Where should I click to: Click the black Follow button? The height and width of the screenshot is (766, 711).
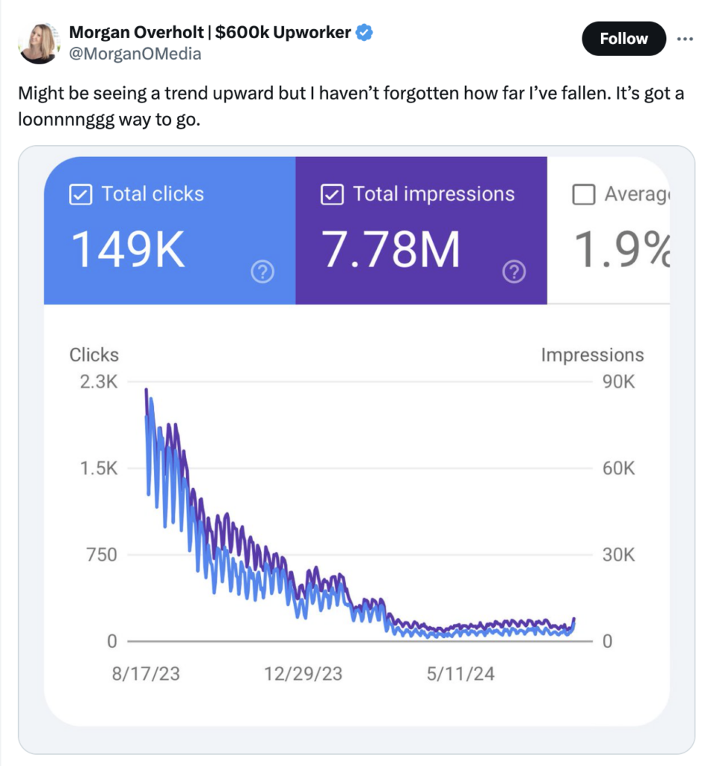[624, 39]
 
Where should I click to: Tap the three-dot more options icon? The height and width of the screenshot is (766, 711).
[685, 39]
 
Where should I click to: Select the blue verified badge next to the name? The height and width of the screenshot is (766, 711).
[364, 32]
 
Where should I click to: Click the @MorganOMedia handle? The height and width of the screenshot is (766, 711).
[135, 54]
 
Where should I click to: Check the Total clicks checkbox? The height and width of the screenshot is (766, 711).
[79, 194]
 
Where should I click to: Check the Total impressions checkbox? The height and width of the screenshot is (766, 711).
[330, 194]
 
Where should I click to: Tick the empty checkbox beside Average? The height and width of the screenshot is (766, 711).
[583, 194]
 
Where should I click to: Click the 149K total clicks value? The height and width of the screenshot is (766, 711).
[128, 250]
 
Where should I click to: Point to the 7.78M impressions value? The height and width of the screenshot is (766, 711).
[392, 250]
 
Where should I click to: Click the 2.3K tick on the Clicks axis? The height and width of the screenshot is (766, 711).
[98, 382]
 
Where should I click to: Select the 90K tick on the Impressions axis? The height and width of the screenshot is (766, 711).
[618, 382]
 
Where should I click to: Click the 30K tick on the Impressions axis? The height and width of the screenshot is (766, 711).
[618, 555]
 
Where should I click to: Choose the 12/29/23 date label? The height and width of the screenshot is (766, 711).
[303, 674]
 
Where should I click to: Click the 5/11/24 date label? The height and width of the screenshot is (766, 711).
[460, 674]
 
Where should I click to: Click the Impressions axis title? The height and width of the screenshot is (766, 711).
[592, 355]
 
